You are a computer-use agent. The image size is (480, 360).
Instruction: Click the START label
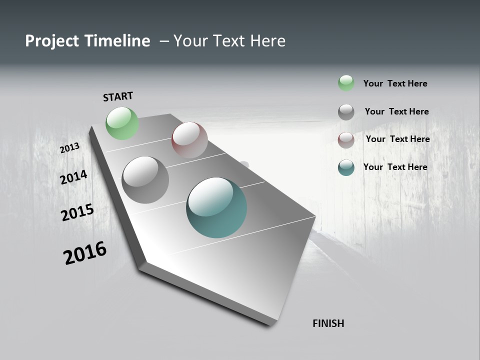[118, 96]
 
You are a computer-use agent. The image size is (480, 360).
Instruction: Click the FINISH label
[328, 323]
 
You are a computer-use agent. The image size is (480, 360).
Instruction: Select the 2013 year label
[69, 148]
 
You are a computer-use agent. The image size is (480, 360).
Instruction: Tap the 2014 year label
[73, 177]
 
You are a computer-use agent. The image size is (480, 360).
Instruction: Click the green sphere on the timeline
[122, 123]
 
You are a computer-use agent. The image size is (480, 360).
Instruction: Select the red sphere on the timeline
[189, 140]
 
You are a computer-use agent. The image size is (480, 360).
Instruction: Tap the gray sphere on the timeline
[145, 180]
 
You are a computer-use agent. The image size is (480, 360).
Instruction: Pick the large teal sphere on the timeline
[216, 207]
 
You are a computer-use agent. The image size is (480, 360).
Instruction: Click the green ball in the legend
[346, 83]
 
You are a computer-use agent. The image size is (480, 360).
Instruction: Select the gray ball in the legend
[346, 112]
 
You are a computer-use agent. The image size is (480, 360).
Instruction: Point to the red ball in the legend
[346, 140]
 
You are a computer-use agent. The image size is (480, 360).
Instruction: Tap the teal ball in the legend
[346, 167]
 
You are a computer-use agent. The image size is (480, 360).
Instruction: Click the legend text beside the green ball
[395, 83]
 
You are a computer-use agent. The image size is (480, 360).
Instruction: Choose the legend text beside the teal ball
[395, 167]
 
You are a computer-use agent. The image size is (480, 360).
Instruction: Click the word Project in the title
[51, 41]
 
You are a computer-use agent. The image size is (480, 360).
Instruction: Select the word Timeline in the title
[119, 41]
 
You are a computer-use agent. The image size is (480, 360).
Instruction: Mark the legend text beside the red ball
[397, 139]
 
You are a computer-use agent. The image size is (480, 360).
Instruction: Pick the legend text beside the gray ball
[396, 111]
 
